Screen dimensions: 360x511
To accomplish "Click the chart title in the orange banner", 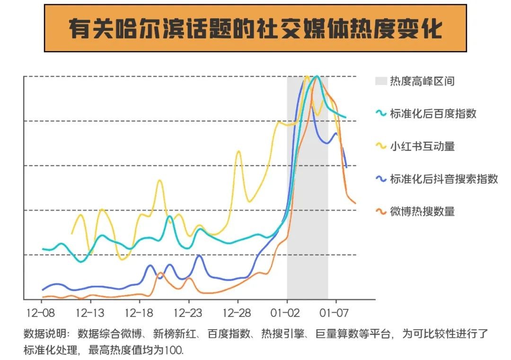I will [x=255, y=29].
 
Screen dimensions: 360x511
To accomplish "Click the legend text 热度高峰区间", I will [x=422, y=81].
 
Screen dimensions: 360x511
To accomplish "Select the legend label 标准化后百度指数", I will [x=433, y=114].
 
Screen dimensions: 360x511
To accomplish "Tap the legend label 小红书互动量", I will [x=422, y=146].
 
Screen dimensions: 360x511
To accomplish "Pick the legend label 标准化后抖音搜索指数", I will [x=444, y=179].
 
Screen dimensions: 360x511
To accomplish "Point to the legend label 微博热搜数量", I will [x=422, y=211].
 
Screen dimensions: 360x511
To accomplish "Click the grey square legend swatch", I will [x=381, y=81].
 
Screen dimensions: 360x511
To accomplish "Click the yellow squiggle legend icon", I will [x=381, y=146].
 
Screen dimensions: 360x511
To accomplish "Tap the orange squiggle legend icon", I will [x=381, y=211].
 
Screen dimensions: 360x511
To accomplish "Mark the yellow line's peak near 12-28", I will [x=238, y=151].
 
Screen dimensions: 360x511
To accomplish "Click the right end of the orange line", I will [x=355, y=203].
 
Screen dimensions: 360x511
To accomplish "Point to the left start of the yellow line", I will [x=72, y=233].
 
